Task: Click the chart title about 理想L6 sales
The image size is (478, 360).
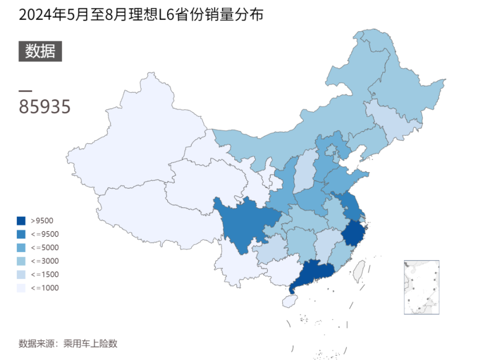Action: click(141, 15)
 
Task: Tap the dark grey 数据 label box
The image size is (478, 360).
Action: click(40, 51)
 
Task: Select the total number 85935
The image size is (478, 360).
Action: click(44, 107)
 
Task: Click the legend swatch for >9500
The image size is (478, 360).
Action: click(21, 221)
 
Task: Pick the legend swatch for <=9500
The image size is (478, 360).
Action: click(21, 234)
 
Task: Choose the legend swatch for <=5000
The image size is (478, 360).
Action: click(21, 247)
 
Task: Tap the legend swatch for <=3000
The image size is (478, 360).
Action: click(21, 261)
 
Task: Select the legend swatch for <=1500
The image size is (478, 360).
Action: click(21, 274)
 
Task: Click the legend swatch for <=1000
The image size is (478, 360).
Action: click(21, 288)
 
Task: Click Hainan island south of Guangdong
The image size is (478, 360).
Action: click(289, 301)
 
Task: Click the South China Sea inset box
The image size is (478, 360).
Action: click(421, 287)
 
